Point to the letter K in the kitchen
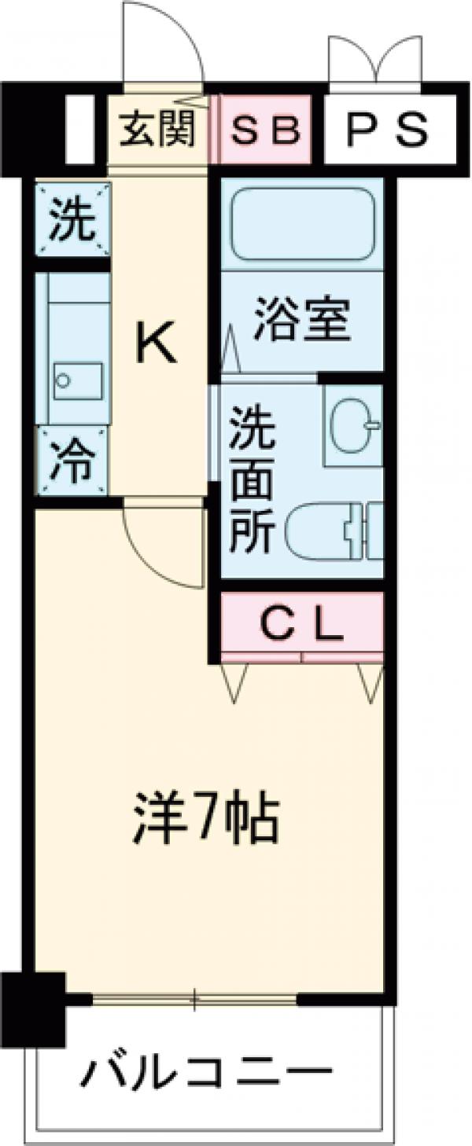coord(157,343)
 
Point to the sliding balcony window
coord(194,999)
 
